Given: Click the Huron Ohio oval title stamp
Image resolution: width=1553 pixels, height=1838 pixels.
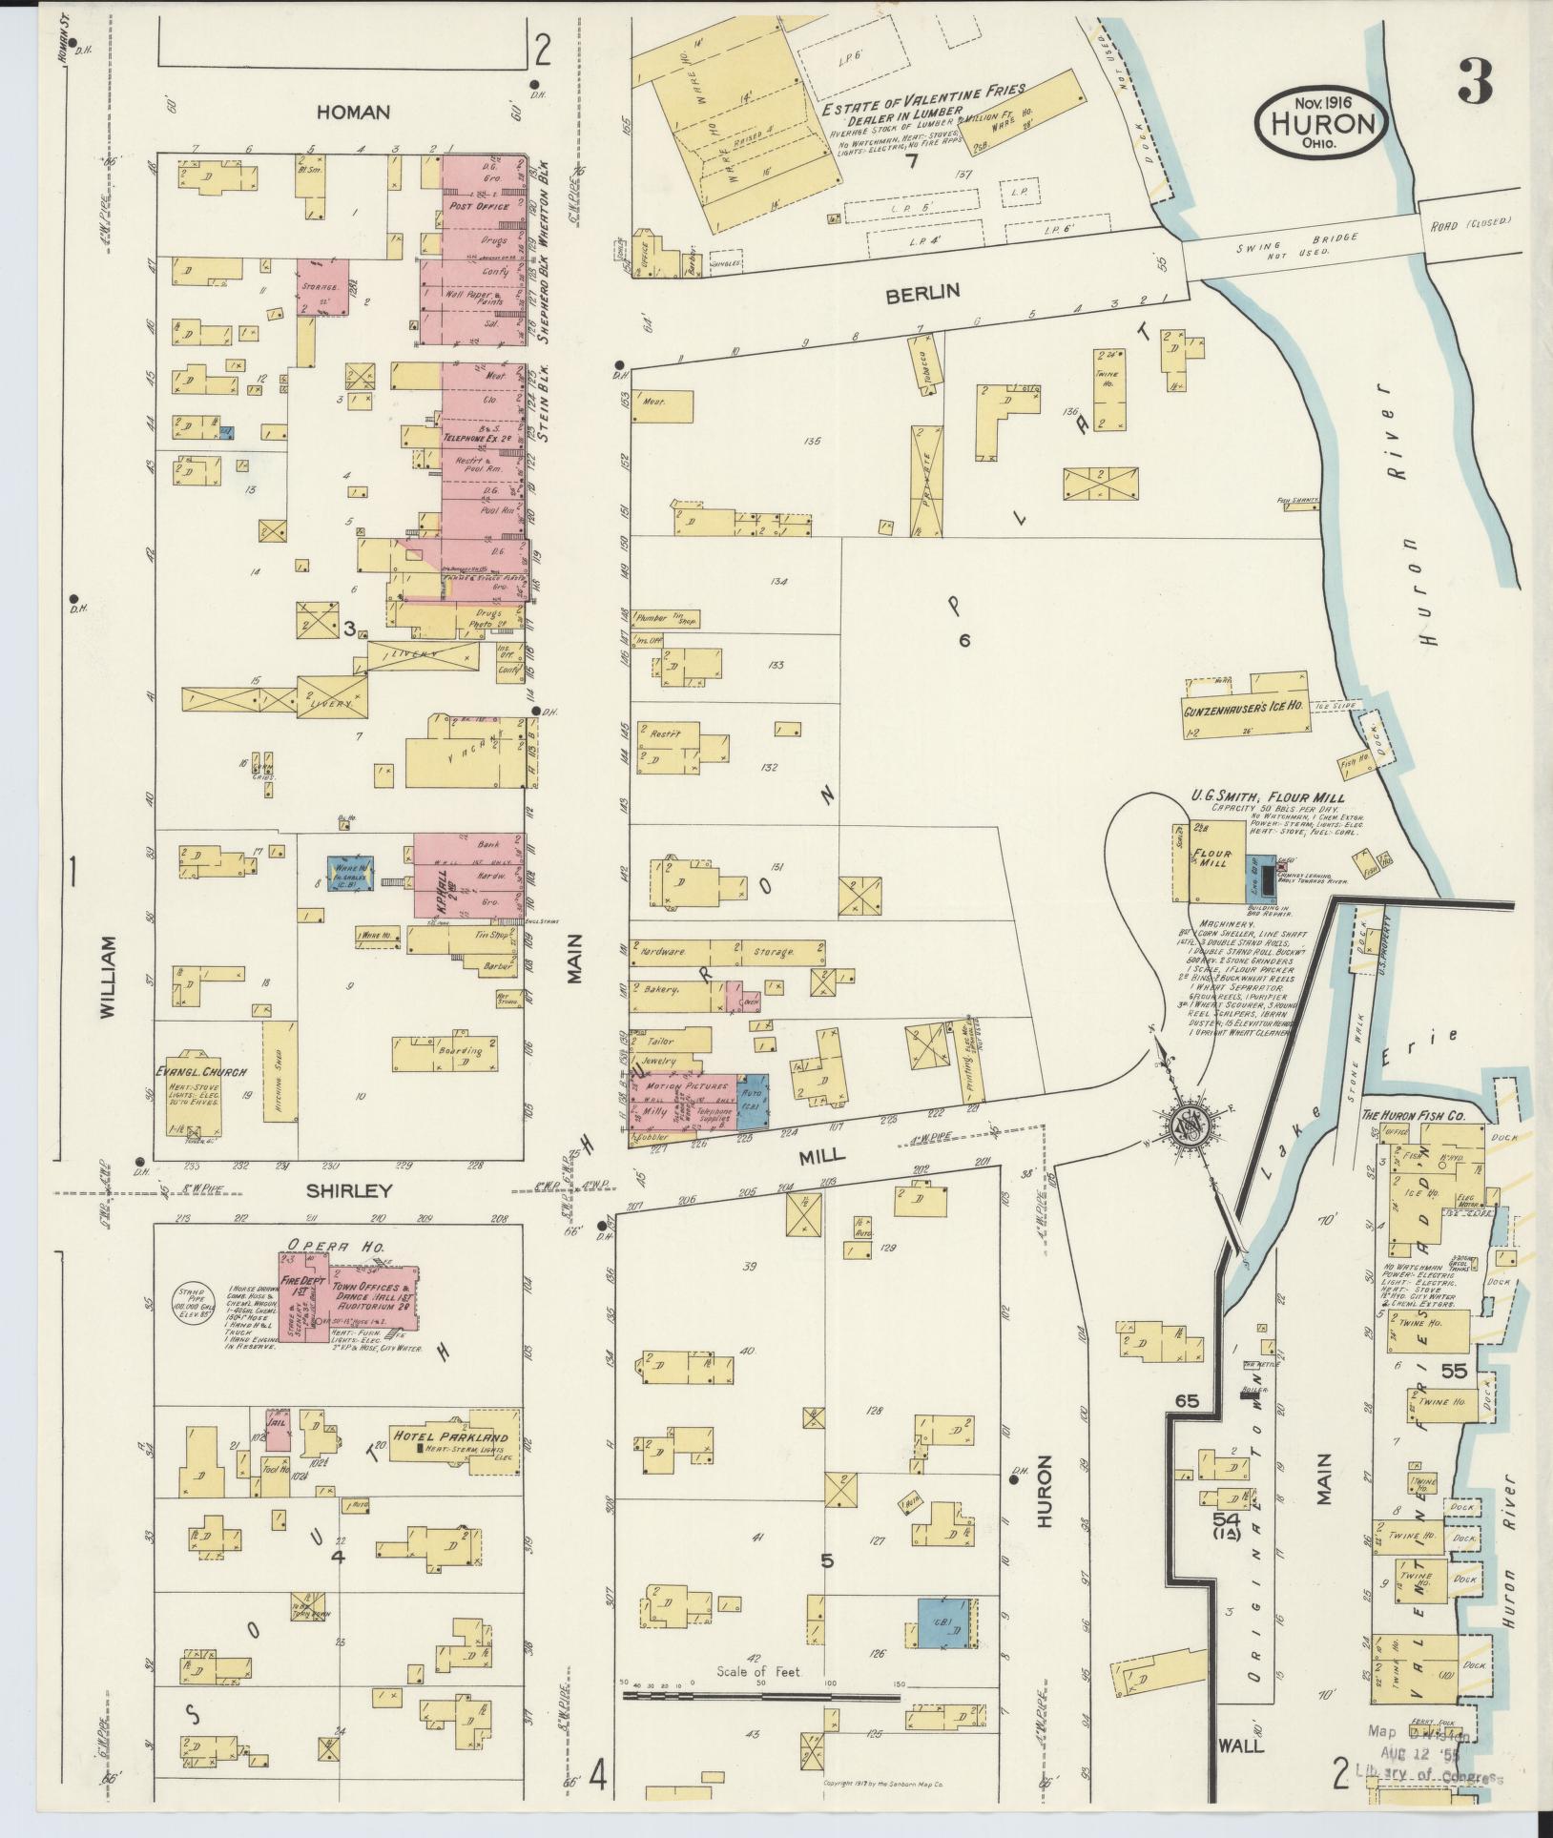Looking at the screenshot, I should pos(1321,121).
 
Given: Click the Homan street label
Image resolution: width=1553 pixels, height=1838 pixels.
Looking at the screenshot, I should pos(354,113).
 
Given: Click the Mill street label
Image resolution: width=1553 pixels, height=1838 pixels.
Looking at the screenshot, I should pos(821,1154).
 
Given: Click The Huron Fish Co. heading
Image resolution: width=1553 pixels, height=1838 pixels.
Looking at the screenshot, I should pos(1425,1116).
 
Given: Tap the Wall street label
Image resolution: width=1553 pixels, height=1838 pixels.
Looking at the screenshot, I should pos(1241,1745).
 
